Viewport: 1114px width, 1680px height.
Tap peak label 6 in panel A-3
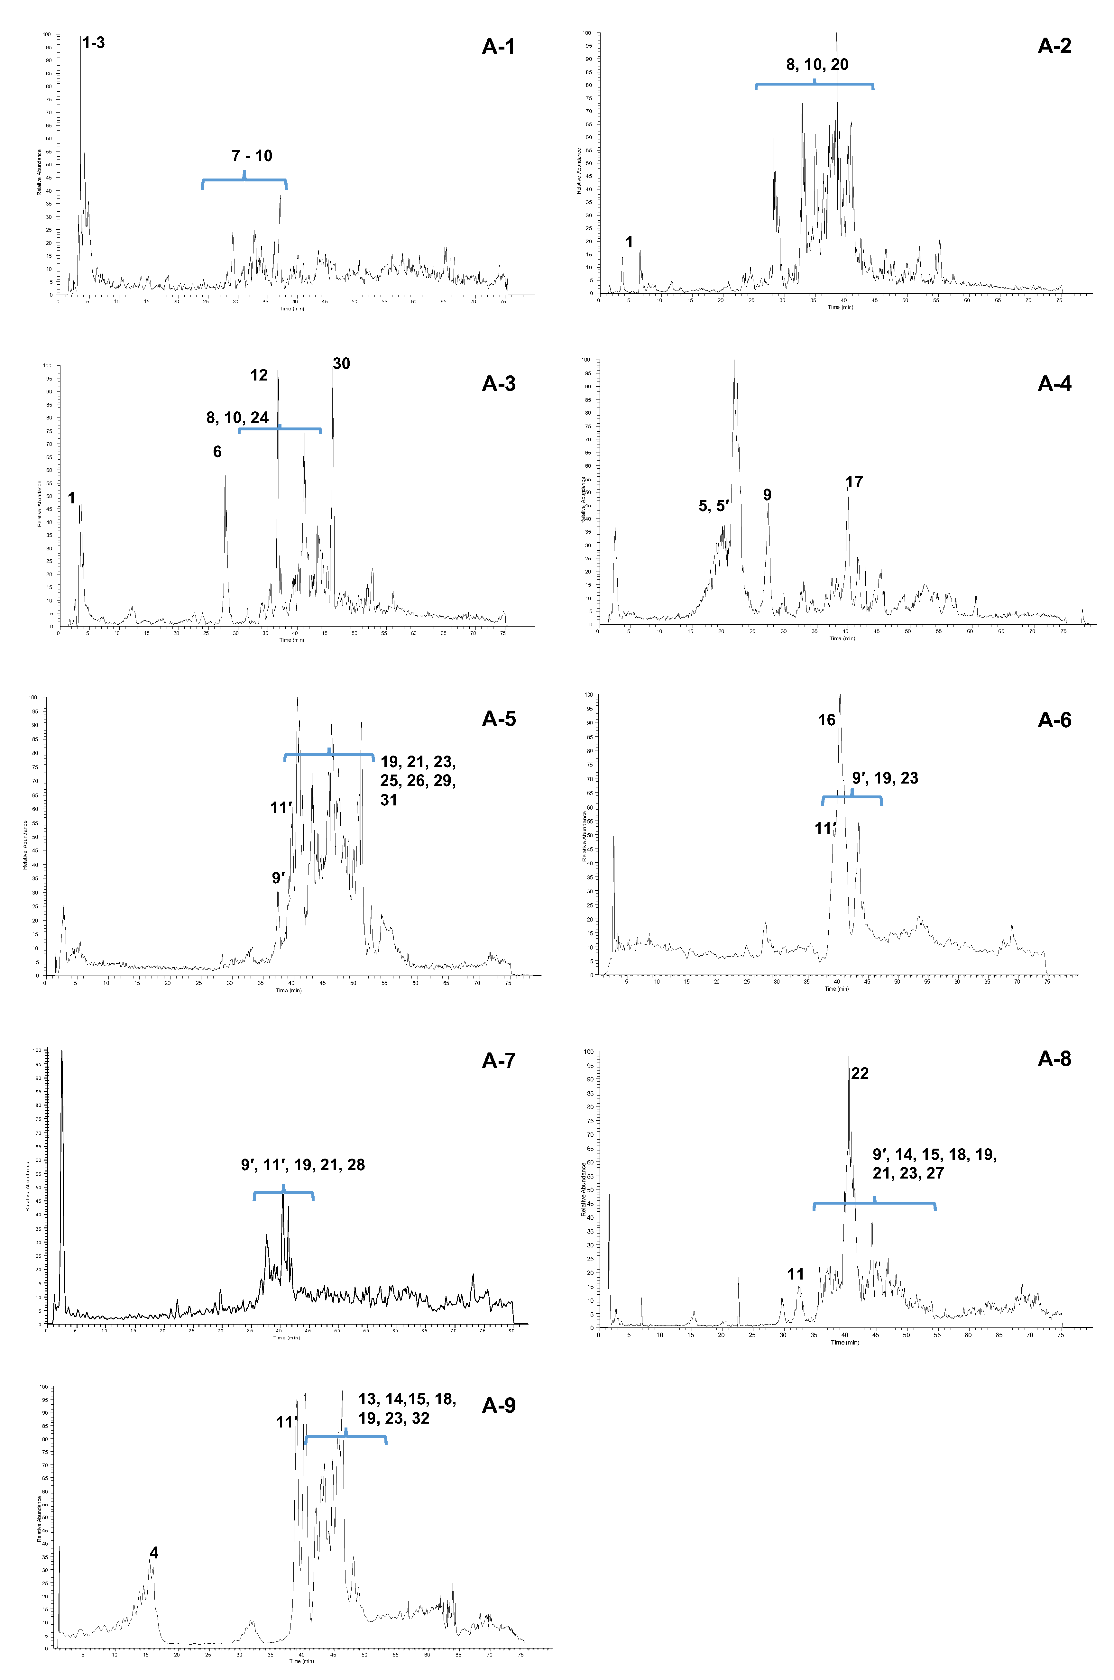click(217, 452)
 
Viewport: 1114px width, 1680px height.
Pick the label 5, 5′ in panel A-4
click(714, 506)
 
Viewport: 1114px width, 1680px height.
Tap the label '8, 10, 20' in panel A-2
click(817, 65)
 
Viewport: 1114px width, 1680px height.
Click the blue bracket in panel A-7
click(283, 1193)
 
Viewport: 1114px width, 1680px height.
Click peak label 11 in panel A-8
click(796, 1274)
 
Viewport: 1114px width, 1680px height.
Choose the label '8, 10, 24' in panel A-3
click(237, 418)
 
